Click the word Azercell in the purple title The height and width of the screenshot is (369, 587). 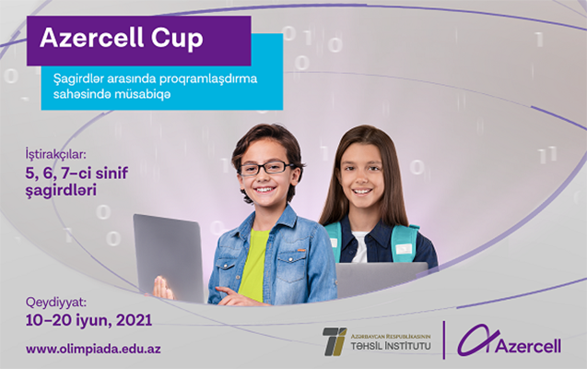click(92, 38)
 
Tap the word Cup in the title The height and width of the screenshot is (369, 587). click(177, 40)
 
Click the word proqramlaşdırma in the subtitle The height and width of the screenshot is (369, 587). click(208, 79)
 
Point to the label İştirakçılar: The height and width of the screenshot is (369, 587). click(56, 154)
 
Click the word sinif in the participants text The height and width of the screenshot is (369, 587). click(112, 173)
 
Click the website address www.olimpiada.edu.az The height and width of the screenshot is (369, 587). click(93, 349)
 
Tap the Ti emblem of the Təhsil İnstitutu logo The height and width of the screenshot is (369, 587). click(335, 341)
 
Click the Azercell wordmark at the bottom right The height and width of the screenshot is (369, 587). click(529, 346)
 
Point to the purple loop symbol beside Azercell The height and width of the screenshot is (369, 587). click(477, 339)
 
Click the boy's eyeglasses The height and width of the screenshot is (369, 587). click(267, 168)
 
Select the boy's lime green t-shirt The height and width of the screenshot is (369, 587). click(253, 266)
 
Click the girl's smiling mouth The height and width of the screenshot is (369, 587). click(362, 192)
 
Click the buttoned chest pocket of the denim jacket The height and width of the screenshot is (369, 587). click(290, 269)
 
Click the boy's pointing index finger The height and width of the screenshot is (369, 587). click(226, 292)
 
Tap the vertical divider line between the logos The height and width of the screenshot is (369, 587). click(444, 340)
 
